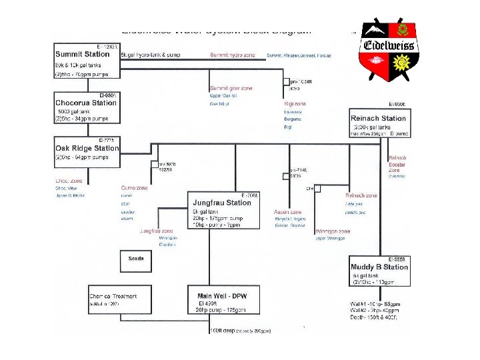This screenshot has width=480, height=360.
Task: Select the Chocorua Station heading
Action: (86, 103)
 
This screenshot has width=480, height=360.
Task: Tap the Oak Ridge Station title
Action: (87, 148)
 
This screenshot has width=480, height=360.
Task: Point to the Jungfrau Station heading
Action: (221, 202)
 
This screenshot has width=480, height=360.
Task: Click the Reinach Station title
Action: (378, 119)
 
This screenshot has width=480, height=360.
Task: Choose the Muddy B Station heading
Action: (379, 267)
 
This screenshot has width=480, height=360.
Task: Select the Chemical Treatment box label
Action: (113, 295)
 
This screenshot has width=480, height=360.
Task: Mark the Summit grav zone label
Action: (229, 88)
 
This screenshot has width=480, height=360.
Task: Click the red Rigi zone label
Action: (295, 104)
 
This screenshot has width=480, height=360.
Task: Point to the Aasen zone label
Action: (287, 211)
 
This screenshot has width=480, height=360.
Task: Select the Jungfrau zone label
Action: (154, 231)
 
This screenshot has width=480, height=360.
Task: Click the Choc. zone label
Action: (68, 181)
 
